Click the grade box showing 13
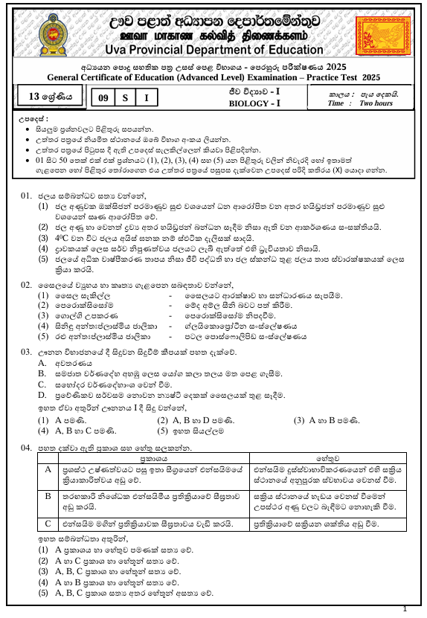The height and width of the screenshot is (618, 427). coord(46,96)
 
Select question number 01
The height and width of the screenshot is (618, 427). coord(27,196)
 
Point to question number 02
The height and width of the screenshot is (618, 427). coord(27,285)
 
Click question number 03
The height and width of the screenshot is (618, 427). coord(27,350)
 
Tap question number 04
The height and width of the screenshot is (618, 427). coord(27,448)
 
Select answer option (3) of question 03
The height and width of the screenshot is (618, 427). coord(298,419)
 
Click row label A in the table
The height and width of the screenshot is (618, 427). coord(47,471)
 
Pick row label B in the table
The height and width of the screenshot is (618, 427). coord(47,495)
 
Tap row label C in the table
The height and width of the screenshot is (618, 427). coord(47,524)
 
